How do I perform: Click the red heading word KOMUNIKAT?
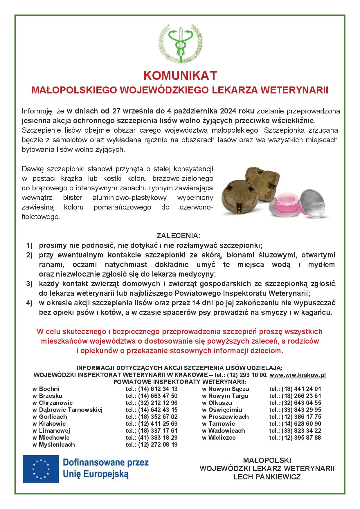coord(180,76)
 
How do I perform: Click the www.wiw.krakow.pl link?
coord(298,375)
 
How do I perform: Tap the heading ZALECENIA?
coord(178,235)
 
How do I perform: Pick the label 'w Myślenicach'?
coord(54,445)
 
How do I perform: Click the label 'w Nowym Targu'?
coord(225,396)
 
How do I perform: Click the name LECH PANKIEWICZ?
coord(267,477)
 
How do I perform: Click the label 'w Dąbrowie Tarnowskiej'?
coord(67,410)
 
